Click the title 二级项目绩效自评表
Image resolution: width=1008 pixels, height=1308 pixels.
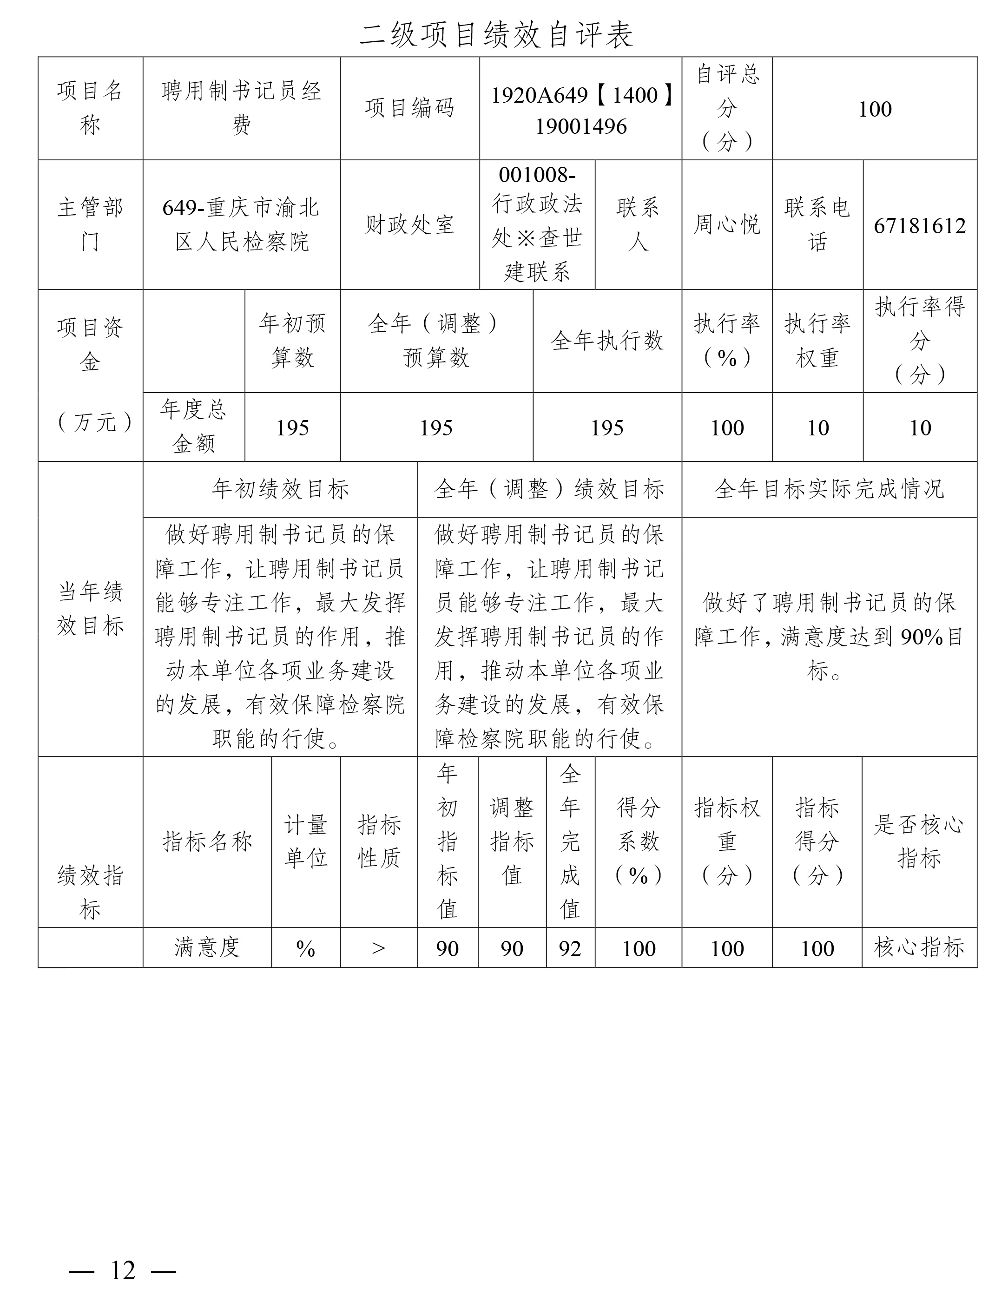(x=496, y=35)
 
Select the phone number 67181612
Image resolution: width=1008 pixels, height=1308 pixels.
(x=919, y=226)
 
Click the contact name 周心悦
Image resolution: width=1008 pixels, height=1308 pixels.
(x=726, y=224)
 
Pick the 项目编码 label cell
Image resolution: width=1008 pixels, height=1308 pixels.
(x=410, y=108)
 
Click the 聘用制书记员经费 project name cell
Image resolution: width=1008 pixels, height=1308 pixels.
(x=241, y=108)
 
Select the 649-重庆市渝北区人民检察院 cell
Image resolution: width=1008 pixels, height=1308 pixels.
(x=241, y=224)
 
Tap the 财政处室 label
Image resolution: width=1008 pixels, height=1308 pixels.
(x=410, y=224)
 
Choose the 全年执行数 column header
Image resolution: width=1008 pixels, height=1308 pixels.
(x=607, y=341)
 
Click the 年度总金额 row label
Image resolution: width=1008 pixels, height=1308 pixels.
(x=193, y=427)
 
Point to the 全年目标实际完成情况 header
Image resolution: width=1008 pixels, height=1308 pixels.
(x=829, y=489)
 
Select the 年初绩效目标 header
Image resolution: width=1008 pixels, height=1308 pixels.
(x=280, y=489)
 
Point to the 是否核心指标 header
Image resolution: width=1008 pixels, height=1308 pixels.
(x=919, y=841)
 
